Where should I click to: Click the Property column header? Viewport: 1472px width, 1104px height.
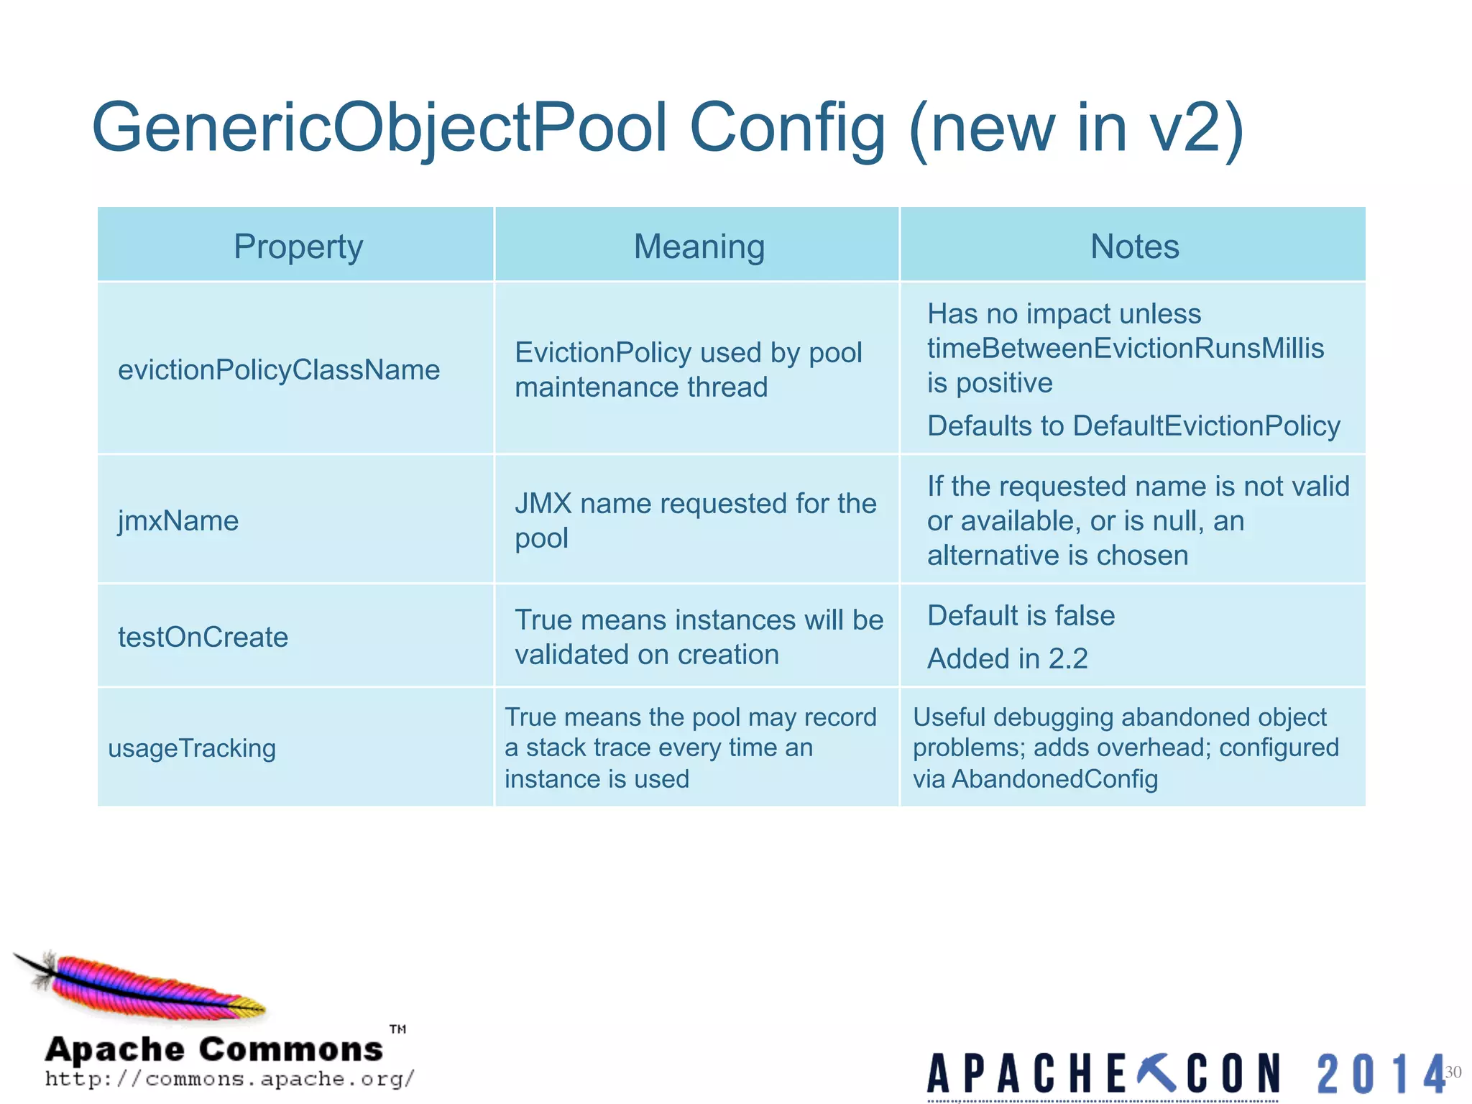tap(298, 247)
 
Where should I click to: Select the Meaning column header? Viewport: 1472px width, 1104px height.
tap(699, 247)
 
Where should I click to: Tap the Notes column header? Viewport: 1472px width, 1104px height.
tap(1134, 247)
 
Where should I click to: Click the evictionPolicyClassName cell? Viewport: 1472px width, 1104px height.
tap(279, 370)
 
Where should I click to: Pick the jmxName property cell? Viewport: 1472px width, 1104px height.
tap(178, 521)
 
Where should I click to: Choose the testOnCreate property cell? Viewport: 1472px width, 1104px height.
tap(203, 638)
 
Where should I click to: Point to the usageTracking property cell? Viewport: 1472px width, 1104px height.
tap(192, 749)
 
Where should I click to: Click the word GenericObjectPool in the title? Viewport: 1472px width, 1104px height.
tap(381, 128)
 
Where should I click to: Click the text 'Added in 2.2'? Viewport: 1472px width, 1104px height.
tap(1007, 659)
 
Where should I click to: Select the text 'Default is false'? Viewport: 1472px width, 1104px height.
tap(1021, 616)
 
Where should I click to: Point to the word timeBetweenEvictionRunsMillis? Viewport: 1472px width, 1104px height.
tap(1125, 349)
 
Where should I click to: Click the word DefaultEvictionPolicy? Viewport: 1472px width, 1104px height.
tap(1206, 426)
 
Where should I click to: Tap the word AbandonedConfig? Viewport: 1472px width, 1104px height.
tap(1054, 779)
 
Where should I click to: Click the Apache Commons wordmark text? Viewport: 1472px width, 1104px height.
tap(214, 1049)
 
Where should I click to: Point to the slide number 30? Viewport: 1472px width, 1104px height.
tap(1453, 1072)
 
